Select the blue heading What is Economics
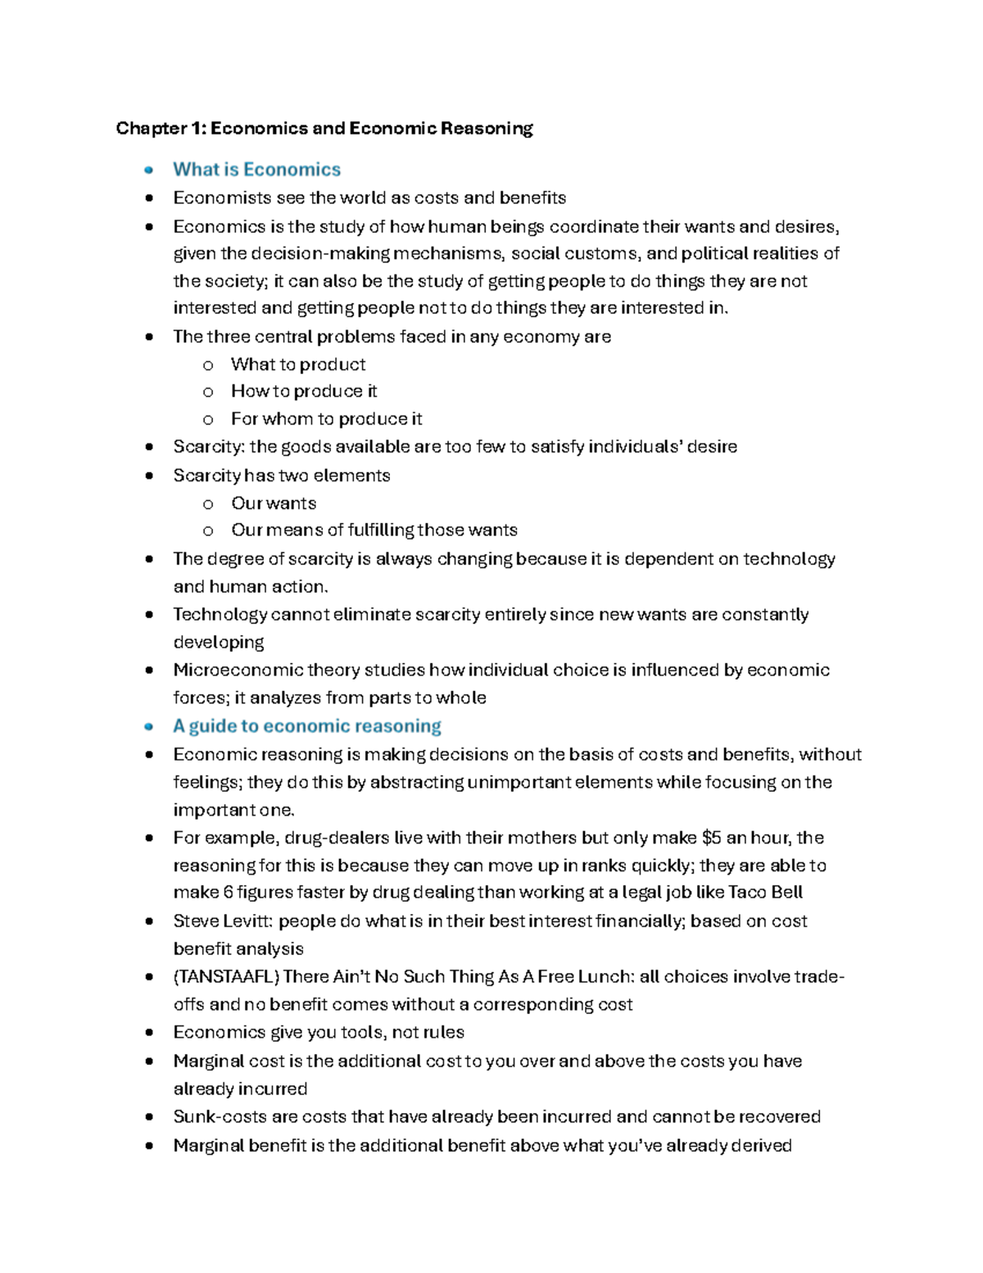[256, 170]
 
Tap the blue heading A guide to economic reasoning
[306, 726]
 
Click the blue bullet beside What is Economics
[148, 170]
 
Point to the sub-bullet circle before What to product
[208, 366]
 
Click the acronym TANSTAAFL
[227, 977]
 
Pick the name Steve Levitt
[222, 921]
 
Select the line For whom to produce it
[326, 420]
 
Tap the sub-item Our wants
[274, 503]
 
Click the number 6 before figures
[229, 893]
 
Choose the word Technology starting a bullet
[220, 615]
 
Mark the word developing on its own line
[218, 643]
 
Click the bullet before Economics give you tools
[148, 1033]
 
